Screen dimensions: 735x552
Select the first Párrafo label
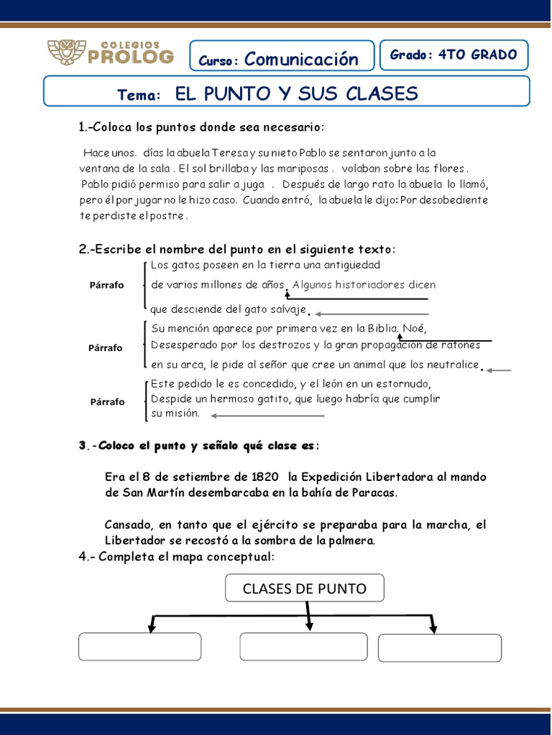tap(106, 285)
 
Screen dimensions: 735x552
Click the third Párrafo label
tap(106, 401)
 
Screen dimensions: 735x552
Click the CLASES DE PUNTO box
tap(305, 589)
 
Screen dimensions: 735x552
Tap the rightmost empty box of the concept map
tap(440, 647)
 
